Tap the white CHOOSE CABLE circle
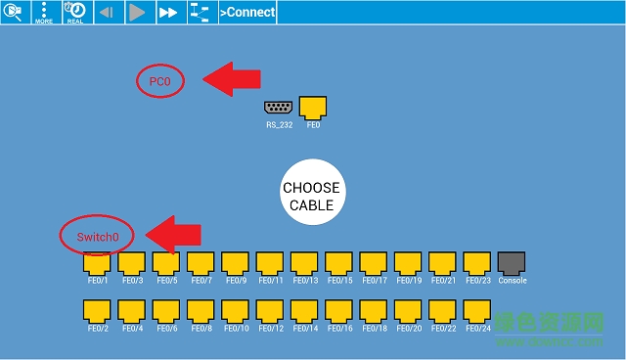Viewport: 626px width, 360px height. (x=311, y=197)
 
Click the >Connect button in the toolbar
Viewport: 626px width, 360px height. (x=247, y=13)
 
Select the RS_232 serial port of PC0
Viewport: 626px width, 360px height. (x=279, y=108)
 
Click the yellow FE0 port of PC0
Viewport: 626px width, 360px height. (x=313, y=108)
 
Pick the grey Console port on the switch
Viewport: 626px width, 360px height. (x=512, y=263)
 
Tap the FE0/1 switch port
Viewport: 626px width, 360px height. (x=98, y=263)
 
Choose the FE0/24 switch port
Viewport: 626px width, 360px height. (x=477, y=311)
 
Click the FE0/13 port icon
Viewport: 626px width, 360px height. (x=305, y=263)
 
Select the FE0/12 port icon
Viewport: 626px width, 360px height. (x=270, y=311)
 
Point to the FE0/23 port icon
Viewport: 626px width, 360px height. (x=477, y=263)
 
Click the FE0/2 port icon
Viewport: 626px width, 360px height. (x=98, y=311)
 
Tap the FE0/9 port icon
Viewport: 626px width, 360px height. (x=236, y=263)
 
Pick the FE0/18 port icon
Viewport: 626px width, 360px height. (x=374, y=311)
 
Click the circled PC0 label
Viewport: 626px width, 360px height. (x=159, y=83)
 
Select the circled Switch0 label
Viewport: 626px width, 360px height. (x=98, y=236)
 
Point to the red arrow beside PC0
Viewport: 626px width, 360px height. (x=232, y=79)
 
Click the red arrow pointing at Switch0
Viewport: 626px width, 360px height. (x=173, y=234)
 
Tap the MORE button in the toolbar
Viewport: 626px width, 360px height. (x=44, y=13)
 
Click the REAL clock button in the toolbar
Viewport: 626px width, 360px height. (x=75, y=13)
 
